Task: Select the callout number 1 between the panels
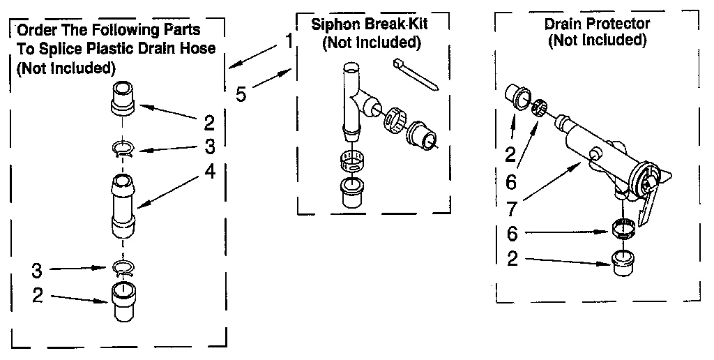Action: (x=289, y=41)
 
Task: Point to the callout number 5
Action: (x=241, y=93)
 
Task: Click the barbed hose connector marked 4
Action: (x=123, y=207)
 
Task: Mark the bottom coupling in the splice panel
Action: (x=123, y=301)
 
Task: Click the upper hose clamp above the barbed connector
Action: (x=123, y=147)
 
